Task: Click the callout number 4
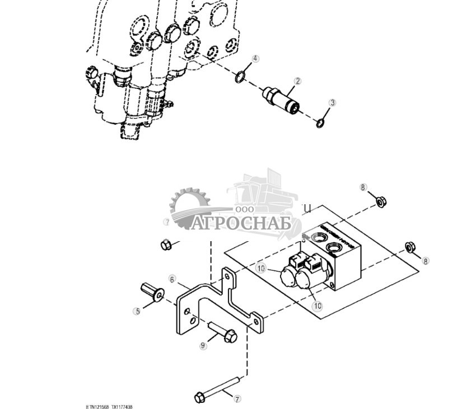255,59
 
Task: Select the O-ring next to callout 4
240,76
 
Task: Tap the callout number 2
297,81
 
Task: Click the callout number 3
333,102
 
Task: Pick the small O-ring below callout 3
320,123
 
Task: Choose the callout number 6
172,279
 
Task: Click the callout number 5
137,311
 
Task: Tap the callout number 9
203,346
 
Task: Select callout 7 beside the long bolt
237,399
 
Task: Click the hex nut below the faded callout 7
165,245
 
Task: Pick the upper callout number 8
363,187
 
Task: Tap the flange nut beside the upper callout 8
380,200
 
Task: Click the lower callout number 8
426,261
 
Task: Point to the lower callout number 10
318,305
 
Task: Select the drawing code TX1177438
122,407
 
